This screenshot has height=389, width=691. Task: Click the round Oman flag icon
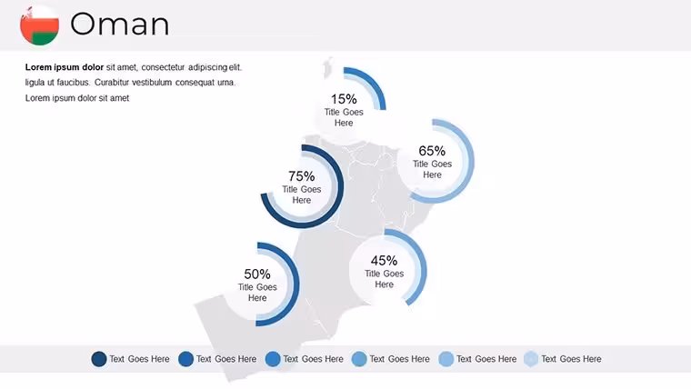tap(40, 25)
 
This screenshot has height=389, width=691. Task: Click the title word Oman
tap(119, 25)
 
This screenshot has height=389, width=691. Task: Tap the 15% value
tap(344, 99)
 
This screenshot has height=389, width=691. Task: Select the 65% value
tap(432, 151)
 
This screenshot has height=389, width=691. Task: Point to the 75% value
tap(302, 176)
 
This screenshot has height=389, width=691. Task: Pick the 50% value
tap(257, 274)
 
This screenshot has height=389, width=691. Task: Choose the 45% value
tap(384, 260)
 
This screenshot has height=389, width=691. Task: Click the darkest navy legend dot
tap(99, 359)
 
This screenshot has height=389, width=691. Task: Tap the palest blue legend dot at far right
tap(531, 359)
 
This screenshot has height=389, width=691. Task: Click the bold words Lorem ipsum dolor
tap(65, 67)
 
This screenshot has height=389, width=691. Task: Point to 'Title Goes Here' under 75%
tap(302, 194)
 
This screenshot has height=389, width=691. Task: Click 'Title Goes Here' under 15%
tap(344, 117)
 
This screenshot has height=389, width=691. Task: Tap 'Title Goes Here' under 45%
tap(384, 279)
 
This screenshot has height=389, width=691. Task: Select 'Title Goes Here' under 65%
tap(432, 169)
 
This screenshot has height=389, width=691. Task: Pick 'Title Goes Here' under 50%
tap(257, 293)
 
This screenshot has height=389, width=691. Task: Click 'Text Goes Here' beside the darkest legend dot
tap(139, 359)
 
